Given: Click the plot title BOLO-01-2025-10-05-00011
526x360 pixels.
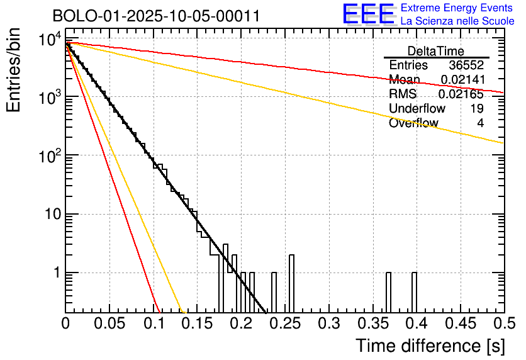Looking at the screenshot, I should [x=156, y=16].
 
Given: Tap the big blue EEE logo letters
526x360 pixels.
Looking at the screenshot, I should [x=369, y=14].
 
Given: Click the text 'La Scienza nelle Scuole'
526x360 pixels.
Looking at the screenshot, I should [x=457, y=21].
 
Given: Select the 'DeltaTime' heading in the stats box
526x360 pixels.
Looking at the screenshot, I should [x=435, y=51].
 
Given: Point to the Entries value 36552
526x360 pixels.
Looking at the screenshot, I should [x=466, y=65].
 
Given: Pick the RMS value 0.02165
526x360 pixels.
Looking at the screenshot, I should [x=461, y=94].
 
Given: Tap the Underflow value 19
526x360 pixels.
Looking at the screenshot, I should [x=476, y=109].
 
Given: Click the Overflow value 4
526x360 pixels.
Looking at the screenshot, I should [x=480, y=123].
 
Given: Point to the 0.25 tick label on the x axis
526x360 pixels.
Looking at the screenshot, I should [x=284, y=324].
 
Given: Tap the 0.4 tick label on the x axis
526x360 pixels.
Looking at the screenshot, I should [x=415, y=324].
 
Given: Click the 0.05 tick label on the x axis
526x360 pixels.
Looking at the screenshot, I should [x=109, y=324].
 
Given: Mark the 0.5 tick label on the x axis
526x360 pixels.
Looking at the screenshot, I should [x=503, y=324].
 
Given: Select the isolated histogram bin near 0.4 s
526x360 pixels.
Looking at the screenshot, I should [x=415, y=292].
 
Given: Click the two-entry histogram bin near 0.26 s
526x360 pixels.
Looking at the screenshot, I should [x=292, y=283].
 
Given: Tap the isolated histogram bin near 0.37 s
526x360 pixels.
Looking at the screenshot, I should [x=388, y=292].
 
